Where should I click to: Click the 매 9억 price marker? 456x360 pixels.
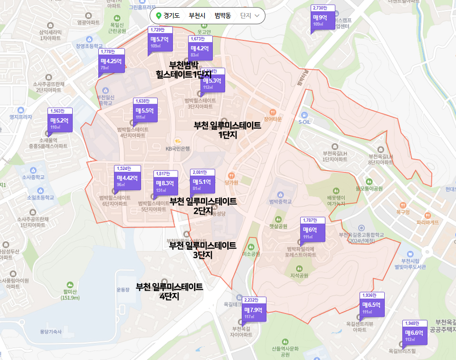click(x=323, y=19)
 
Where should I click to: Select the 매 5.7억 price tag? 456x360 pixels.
click(x=159, y=42)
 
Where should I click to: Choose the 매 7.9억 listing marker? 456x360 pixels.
click(x=254, y=312)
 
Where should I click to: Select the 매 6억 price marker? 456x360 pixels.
click(x=313, y=232)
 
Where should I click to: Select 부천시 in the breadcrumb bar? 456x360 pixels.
click(x=197, y=16)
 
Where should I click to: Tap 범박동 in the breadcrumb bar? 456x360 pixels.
click(x=222, y=16)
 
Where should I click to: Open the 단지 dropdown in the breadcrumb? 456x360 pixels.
click(x=250, y=16)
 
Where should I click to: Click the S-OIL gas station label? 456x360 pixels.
click(x=304, y=122)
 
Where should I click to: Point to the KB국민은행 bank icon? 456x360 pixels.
click(x=178, y=142)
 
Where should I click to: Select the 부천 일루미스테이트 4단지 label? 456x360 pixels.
click(x=169, y=291)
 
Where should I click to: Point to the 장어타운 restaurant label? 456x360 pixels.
click(x=273, y=119)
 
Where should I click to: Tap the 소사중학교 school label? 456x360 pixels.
click(x=33, y=177)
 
